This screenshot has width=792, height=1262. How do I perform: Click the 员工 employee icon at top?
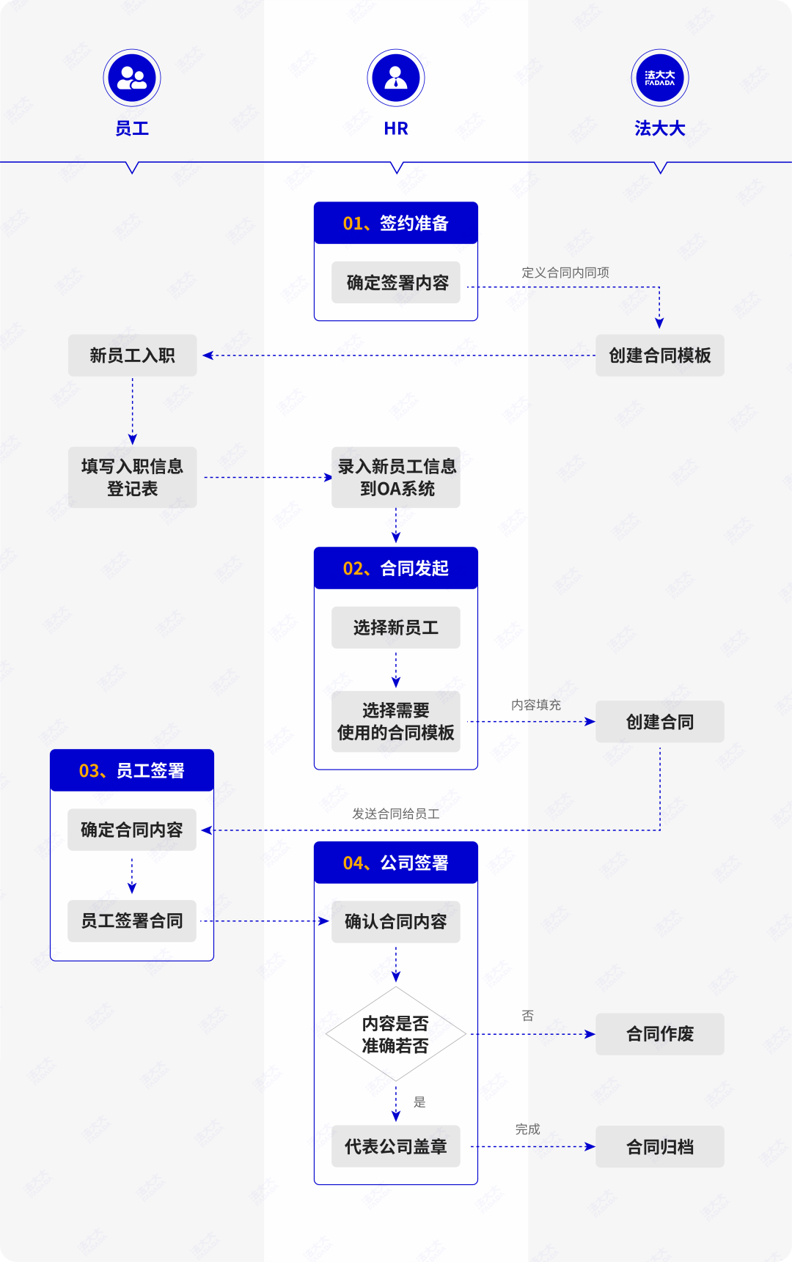(132, 78)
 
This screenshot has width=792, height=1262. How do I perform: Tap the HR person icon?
(396, 78)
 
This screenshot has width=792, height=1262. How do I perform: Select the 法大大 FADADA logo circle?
(660, 78)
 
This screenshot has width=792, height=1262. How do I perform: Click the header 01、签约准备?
(396, 223)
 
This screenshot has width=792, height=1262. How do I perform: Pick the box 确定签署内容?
(396, 282)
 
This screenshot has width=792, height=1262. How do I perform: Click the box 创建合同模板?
(660, 355)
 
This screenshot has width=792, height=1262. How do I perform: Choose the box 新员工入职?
(133, 355)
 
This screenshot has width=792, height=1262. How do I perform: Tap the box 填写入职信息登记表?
(133, 477)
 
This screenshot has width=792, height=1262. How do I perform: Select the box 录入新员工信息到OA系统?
(396, 477)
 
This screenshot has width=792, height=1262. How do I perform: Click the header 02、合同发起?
(396, 568)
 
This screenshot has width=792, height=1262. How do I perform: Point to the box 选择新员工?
(396, 627)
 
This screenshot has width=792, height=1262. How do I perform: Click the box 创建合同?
(660, 722)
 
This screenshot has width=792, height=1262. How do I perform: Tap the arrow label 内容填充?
(536, 705)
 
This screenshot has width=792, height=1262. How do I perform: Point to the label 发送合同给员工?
(396, 813)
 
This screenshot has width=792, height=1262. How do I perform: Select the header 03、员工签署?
(132, 770)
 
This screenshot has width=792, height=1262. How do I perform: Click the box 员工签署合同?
(132, 920)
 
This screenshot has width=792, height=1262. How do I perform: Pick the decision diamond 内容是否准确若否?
(396, 1034)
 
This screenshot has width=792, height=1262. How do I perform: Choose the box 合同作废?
(660, 1034)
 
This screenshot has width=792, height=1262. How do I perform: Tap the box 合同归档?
(660, 1147)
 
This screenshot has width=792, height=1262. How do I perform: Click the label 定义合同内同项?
(565, 273)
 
